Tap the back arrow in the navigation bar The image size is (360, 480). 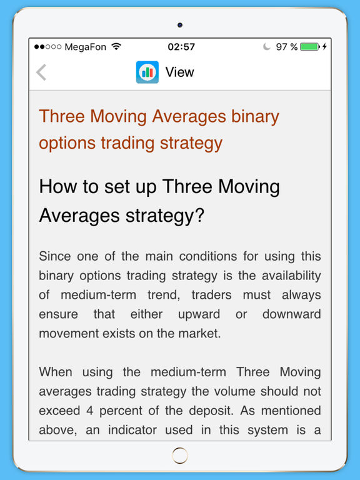tap(41, 72)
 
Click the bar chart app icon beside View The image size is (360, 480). tap(147, 72)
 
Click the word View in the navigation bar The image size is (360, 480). tap(180, 72)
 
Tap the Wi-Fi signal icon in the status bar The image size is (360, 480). tap(116, 46)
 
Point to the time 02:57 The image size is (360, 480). tap(181, 47)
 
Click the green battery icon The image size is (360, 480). tap(310, 46)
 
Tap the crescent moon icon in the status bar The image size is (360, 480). tap(267, 46)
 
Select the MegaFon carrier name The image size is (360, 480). tap(86, 47)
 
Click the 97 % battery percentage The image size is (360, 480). tap(286, 47)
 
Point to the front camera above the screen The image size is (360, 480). tap(180, 25)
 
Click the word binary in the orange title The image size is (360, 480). tap(255, 117)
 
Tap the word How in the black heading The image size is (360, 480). tap(58, 186)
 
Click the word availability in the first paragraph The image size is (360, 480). tap(291, 276)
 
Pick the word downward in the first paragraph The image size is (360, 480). tap(291, 314)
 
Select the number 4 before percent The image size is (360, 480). tap(89, 411)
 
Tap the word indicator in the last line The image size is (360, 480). tap(132, 430)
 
